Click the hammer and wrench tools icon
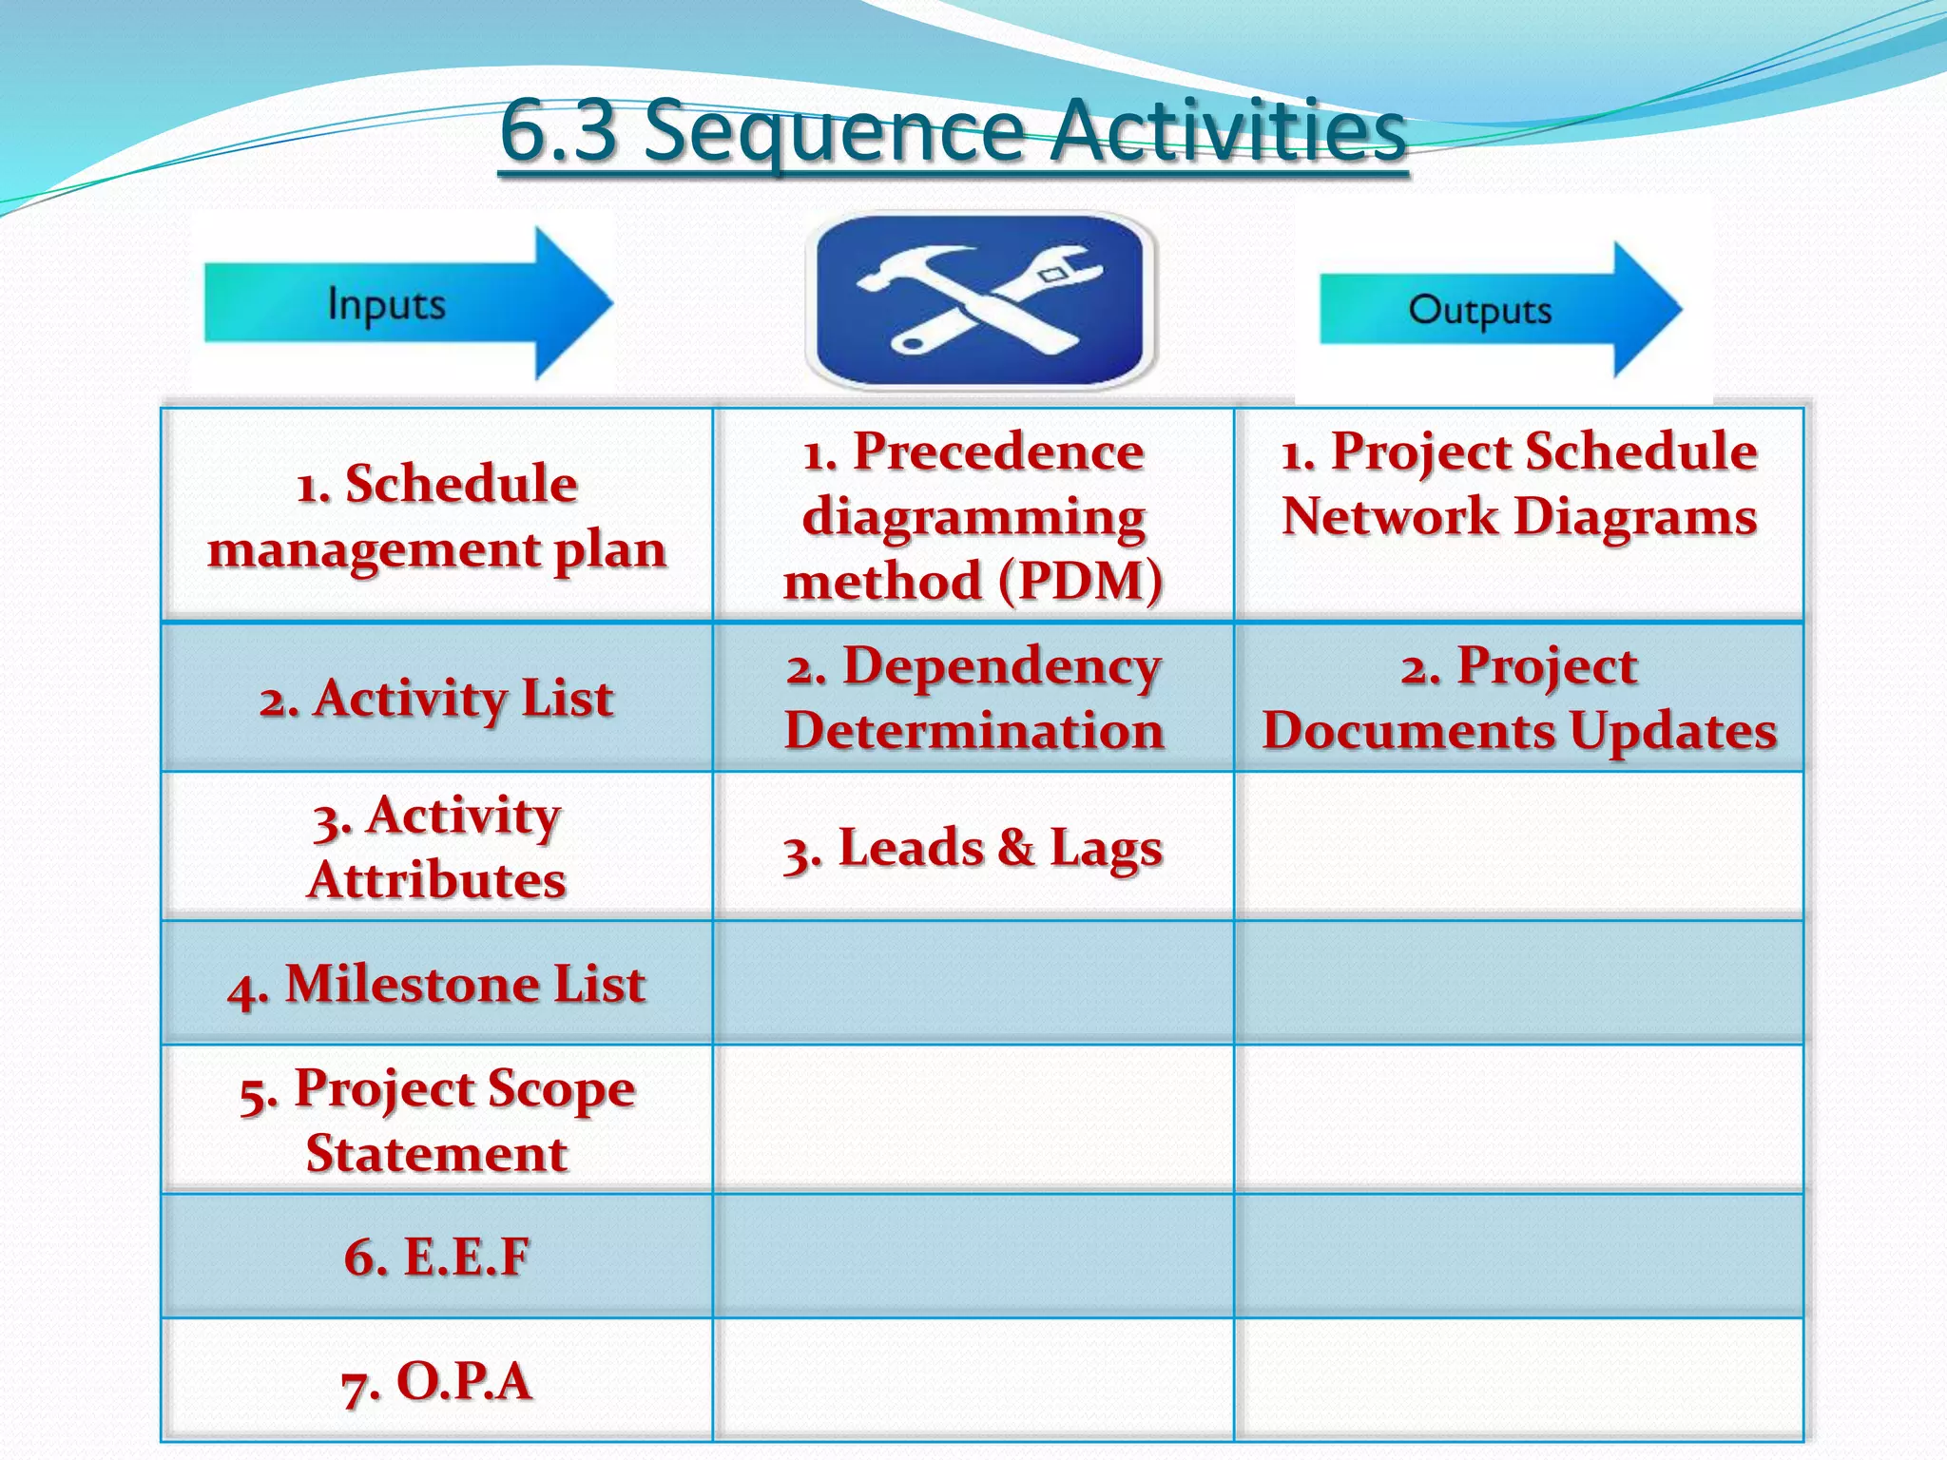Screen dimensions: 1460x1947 pos(980,299)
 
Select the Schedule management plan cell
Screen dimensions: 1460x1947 pos(437,516)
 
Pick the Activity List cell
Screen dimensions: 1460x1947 pos(437,699)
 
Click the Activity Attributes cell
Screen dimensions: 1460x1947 pos(437,847)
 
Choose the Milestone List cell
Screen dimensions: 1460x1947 pos(437,984)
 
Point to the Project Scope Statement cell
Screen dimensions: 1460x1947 pos(437,1120)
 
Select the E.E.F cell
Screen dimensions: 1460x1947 pos(437,1257)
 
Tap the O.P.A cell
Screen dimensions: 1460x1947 pos(437,1381)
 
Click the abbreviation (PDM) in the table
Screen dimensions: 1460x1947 pos(1080,581)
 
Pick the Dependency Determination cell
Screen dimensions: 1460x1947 pos(973,699)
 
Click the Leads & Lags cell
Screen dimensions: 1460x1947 pos(973,848)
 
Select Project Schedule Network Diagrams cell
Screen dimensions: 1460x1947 pos(1519,485)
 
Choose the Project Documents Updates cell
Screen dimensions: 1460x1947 pos(1519,699)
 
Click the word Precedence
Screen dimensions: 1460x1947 pos(998,451)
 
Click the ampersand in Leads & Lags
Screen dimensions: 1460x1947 pos(1016,847)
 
